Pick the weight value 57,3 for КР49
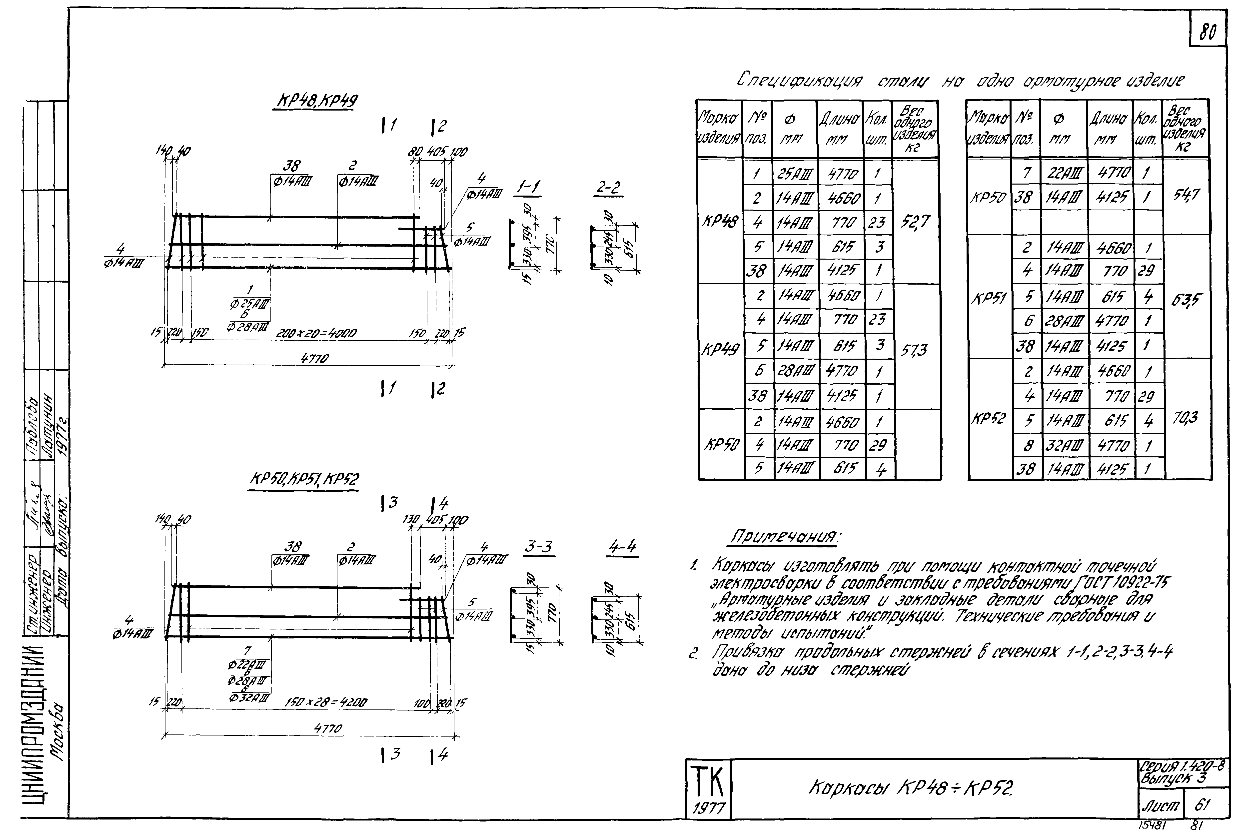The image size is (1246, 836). coord(915,350)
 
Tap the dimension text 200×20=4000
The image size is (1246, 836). coord(317,334)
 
